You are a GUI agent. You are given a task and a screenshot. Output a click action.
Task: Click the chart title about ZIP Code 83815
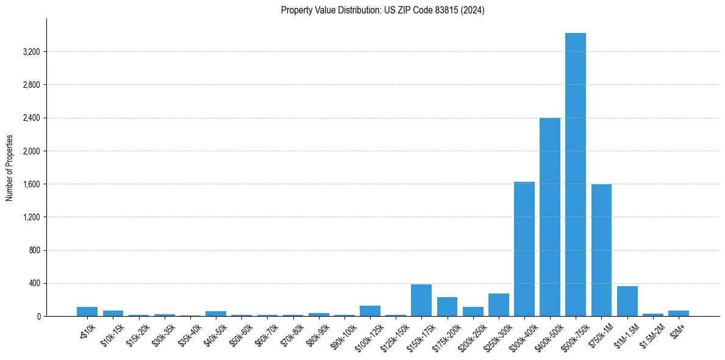click(x=382, y=10)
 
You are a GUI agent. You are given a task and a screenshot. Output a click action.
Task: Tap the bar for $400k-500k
click(x=549, y=217)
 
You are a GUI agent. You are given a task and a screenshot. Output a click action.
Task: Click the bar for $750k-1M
click(x=601, y=250)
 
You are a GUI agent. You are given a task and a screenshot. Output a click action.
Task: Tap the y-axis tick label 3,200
click(x=31, y=52)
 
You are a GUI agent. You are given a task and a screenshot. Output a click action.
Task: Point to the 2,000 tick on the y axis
click(x=31, y=151)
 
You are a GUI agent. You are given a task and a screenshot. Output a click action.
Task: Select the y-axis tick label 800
click(x=34, y=250)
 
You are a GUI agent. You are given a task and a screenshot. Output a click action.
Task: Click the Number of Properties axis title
click(x=10, y=168)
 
